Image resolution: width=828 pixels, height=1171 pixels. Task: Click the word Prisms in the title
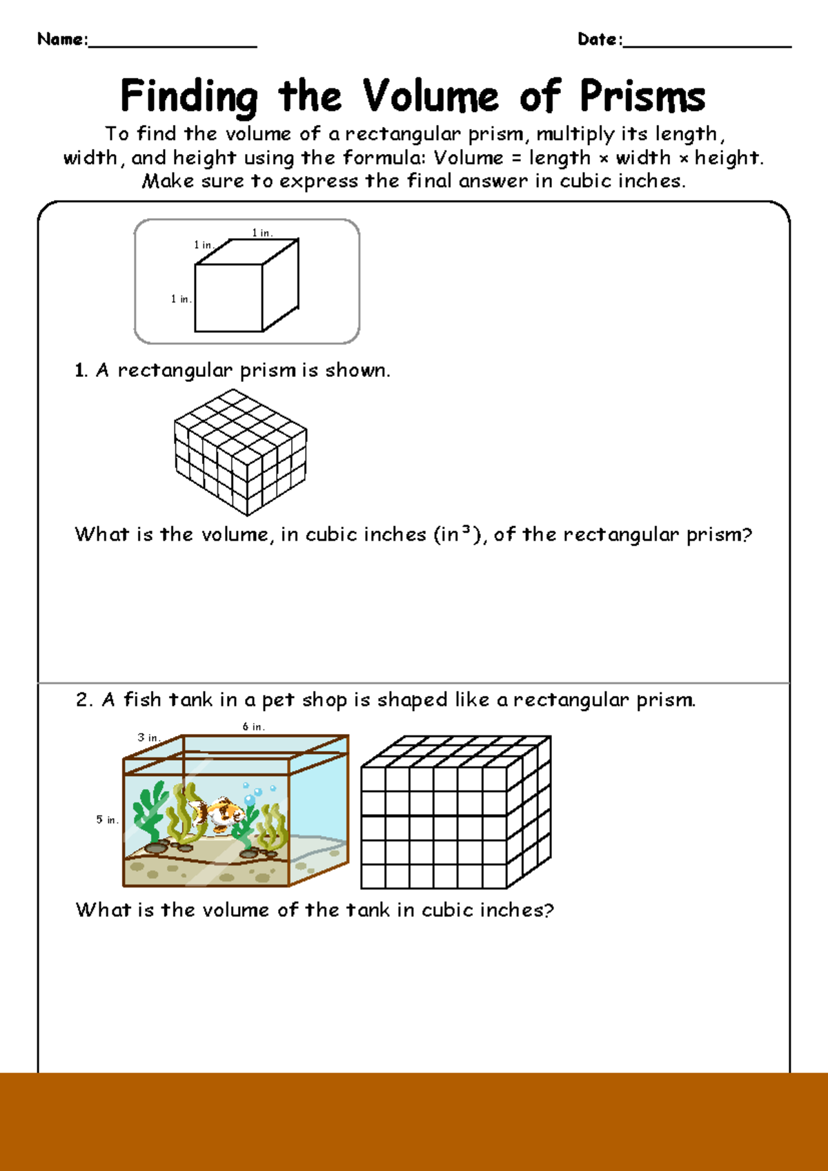point(642,97)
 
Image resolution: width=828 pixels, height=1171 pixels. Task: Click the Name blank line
point(172,46)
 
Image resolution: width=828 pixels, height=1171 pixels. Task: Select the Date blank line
point(707,46)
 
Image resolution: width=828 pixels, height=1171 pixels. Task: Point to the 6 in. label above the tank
point(253,726)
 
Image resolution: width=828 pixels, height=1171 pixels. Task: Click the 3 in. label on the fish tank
point(148,737)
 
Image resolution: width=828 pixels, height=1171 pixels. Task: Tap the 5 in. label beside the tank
point(107,820)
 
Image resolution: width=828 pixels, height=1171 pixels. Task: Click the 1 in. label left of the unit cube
point(181,299)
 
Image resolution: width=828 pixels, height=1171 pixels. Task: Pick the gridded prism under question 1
point(240,452)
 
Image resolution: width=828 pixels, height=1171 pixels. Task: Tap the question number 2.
point(83,700)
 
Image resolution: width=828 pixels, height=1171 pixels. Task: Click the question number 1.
point(80,371)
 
